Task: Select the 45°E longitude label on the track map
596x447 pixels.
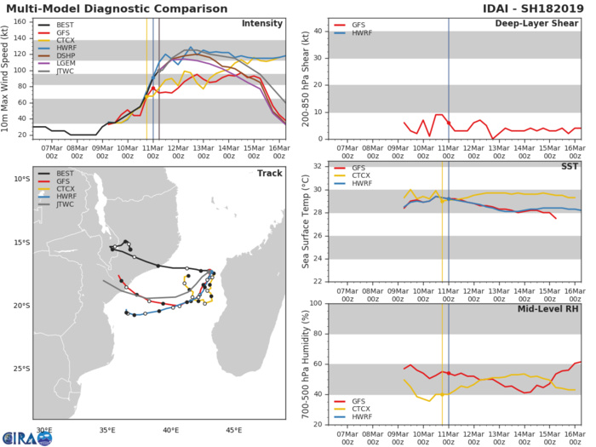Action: (x=233, y=430)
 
